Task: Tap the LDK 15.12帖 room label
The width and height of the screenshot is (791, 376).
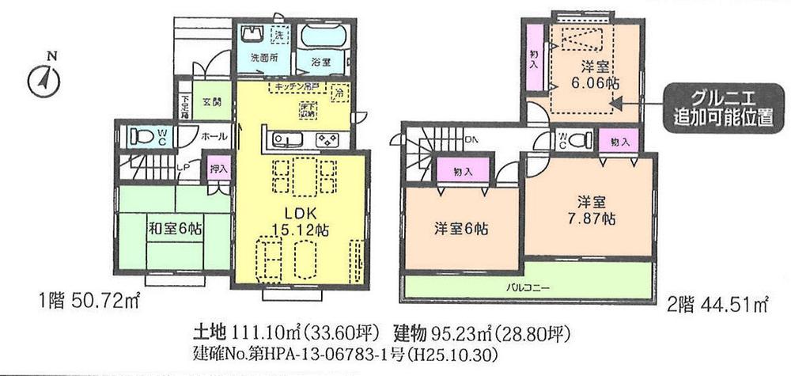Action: (x=301, y=222)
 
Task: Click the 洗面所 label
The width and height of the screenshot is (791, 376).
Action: (x=264, y=59)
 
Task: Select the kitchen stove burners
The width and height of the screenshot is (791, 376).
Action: (x=326, y=140)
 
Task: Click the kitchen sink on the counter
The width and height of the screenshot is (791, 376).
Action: (x=287, y=140)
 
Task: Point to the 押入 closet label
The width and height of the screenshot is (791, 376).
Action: (x=219, y=169)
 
